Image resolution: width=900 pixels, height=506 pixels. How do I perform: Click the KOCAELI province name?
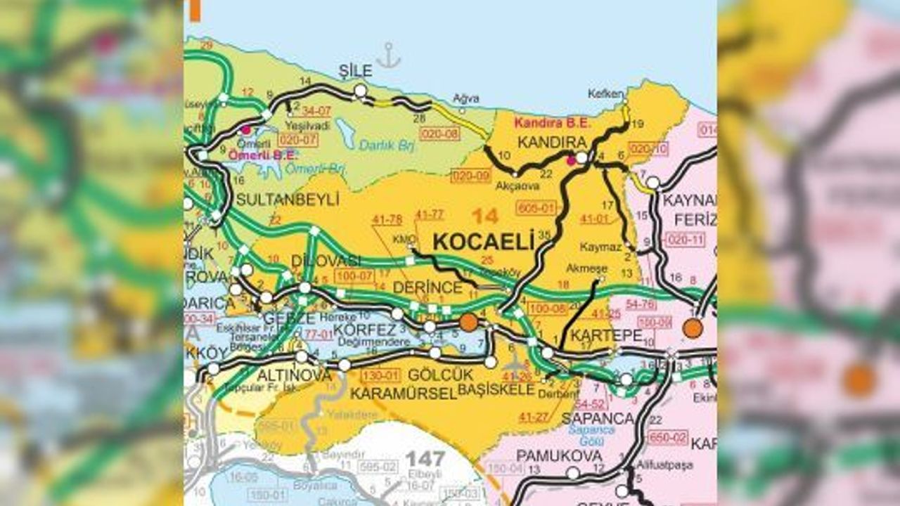(x=484, y=242)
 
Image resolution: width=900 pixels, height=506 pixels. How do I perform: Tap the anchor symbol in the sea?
(x=387, y=56)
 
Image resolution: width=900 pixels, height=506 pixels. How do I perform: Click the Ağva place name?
(x=465, y=98)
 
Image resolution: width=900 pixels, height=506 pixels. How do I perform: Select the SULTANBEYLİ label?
(x=288, y=199)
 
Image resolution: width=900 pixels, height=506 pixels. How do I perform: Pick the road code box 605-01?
(x=536, y=207)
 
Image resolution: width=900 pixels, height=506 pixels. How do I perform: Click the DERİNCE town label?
(x=428, y=288)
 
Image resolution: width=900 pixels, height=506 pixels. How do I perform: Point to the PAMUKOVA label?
(x=559, y=455)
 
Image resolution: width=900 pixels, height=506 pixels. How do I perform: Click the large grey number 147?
(x=425, y=460)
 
